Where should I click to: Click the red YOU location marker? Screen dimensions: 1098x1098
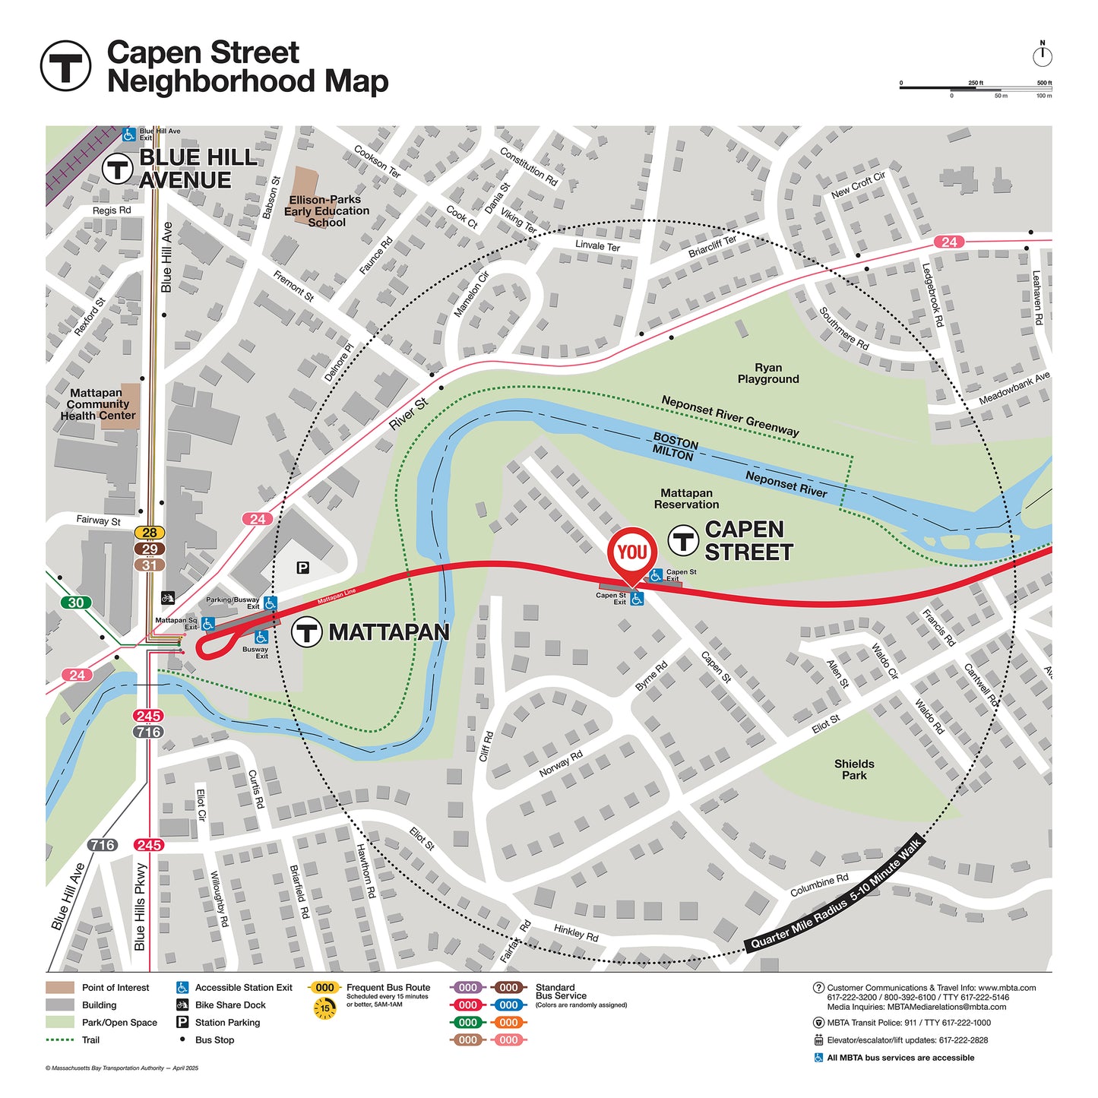[631, 552]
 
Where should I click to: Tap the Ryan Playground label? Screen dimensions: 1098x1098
[768, 373]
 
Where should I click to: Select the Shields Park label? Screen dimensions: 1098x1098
[854, 770]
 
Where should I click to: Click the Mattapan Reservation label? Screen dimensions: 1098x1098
[686, 498]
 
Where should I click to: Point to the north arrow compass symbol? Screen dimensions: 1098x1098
[1043, 55]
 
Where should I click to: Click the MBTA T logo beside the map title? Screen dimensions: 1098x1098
[65, 66]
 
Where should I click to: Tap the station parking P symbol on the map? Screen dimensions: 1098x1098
[302, 568]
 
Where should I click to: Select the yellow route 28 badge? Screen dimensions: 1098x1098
[150, 533]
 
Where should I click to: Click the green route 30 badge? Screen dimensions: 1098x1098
[76, 603]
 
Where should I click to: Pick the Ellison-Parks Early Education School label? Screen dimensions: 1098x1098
[327, 210]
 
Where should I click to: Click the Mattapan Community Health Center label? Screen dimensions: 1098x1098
[97, 404]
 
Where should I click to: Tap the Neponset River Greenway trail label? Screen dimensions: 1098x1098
[729, 416]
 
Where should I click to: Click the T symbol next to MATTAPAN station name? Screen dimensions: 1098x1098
[307, 632]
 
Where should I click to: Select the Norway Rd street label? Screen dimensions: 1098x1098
[561, 764]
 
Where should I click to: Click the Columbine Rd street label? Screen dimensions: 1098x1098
[819, 885]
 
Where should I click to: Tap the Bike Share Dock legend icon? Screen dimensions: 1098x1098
[182, 1005]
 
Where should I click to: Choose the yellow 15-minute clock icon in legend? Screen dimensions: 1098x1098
[324, 1008]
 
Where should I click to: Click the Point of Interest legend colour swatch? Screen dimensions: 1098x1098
[60, 988]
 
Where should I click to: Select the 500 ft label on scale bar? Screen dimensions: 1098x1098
[1044, 83]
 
